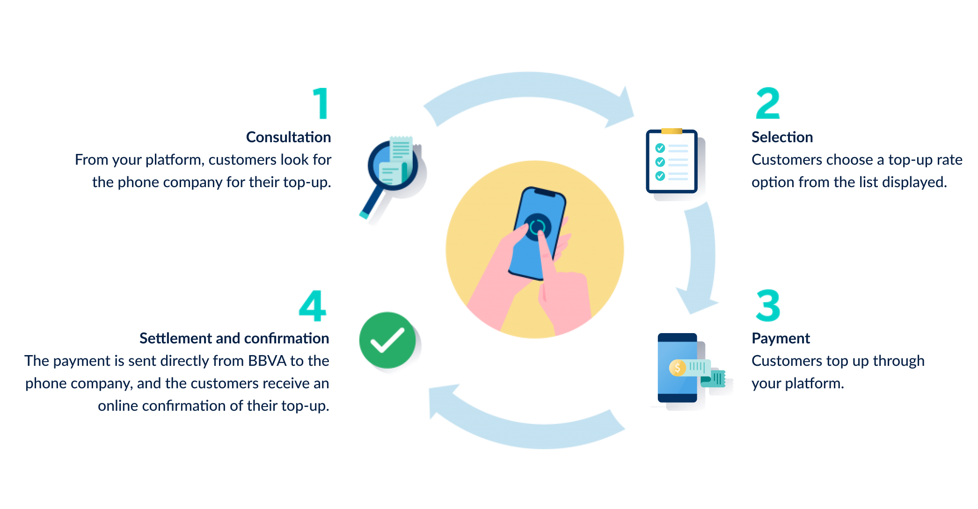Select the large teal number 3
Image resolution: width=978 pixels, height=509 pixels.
coord(768,305)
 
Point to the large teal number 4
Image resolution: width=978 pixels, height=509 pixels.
coord(312,305)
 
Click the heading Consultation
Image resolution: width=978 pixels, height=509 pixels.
coord(288,137)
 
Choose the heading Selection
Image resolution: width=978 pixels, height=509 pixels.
coord(782,137)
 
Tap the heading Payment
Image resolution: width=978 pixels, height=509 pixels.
coord(781,338)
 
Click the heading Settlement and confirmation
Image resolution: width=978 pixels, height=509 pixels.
coord(234,338)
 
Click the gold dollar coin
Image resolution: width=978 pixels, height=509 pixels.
coord(677,368)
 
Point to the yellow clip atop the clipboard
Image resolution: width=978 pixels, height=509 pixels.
coord(672,131)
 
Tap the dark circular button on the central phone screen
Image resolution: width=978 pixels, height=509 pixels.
coord(537,227)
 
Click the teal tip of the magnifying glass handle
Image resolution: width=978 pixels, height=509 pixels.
coord(364,215)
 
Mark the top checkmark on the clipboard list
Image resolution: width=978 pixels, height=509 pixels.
coord(660,148)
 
